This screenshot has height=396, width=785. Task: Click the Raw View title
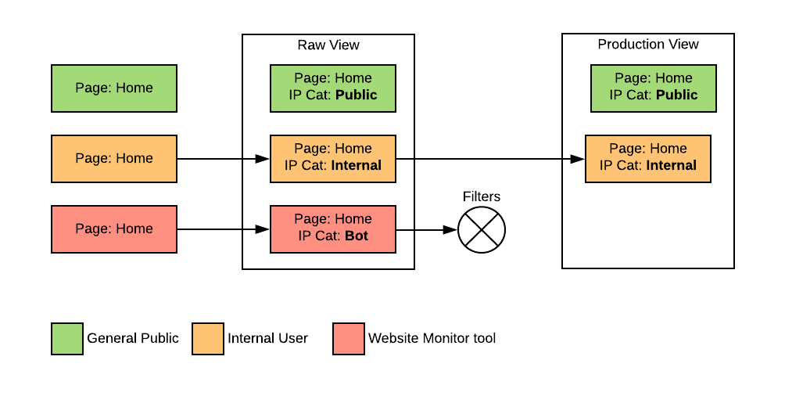pos(328,45)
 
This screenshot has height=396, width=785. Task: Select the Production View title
pos(648,45)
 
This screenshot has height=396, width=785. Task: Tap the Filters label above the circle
pos(482,196)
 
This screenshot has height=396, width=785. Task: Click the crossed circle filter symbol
pos(482,230)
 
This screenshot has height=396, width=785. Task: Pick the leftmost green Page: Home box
pos(114,88)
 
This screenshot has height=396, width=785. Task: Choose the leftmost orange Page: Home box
pos(114,159)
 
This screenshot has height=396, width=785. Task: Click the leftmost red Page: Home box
pos(114,229)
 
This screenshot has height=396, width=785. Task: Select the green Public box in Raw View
pos(333,88)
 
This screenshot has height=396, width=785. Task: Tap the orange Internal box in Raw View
pos(333,158)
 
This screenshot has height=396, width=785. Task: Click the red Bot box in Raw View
pos(333,229)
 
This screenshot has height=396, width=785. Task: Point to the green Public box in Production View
pos(653,88)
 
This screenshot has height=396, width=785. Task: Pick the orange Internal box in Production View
pos(648,158)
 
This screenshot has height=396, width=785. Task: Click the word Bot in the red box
pos(356,236)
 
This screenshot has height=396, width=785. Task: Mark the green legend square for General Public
pos(67,339)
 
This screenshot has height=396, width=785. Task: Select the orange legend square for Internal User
pos(208,339)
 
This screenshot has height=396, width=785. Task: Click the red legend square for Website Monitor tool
pos(349,339)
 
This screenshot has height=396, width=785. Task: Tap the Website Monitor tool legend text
pos(432,339)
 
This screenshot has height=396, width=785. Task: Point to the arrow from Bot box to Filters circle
pos(427,230)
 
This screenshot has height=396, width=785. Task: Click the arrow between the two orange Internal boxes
pos(491,159)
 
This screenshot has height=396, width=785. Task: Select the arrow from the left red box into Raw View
pos(224,229)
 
